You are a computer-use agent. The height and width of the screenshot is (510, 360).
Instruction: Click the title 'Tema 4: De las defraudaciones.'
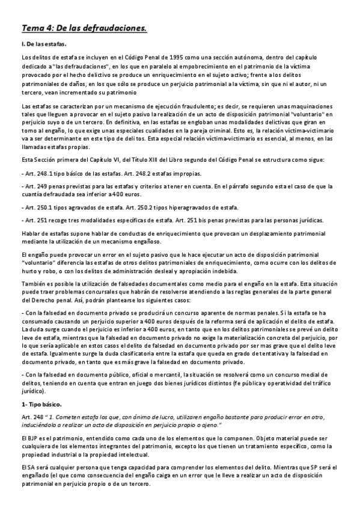(x=84, y=28)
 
